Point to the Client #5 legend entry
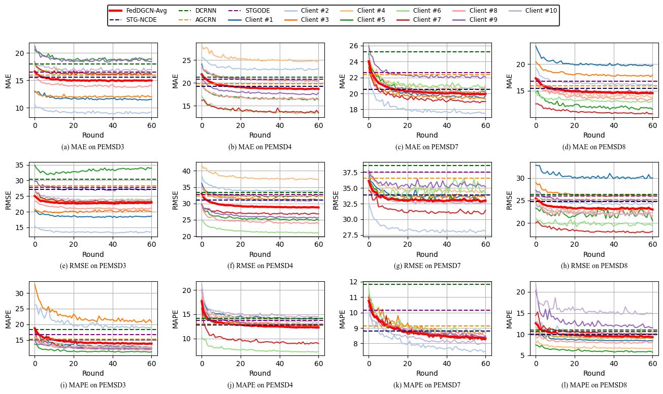[x=371, y=20]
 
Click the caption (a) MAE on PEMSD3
[x=93, y=147]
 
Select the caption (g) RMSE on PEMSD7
[x=427, y=266]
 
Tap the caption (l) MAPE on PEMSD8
[x=594, y=385]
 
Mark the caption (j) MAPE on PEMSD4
[x=260, y=385]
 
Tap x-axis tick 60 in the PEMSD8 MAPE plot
[x=652, y=364]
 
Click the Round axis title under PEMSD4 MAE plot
[x=260, y=135]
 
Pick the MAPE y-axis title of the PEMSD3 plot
[x=8, y=318]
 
